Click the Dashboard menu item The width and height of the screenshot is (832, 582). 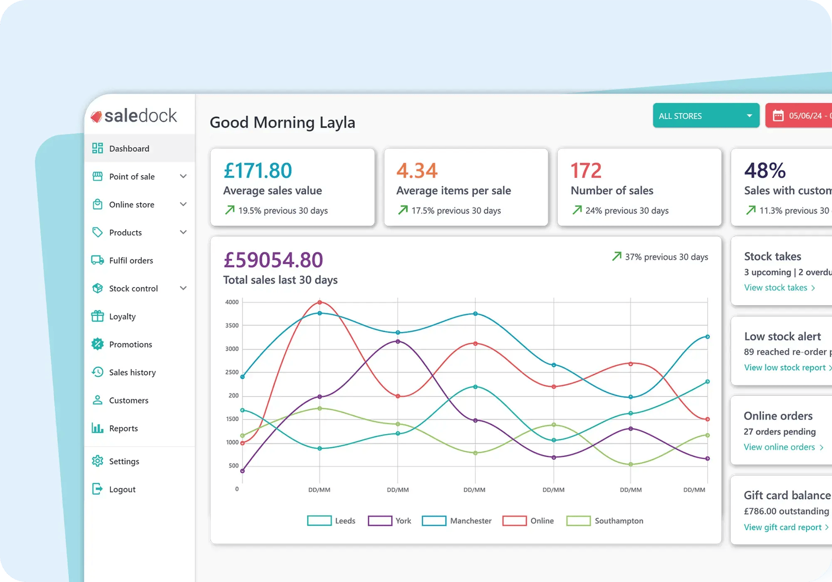[x=129, y=148]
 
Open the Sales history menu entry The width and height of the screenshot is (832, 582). [x=132, y=372]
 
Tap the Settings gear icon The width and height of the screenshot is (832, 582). [x=97, y=461]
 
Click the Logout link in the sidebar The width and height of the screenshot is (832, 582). [x=122, y=489]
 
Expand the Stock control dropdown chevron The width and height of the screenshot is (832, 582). [x=183, y=288]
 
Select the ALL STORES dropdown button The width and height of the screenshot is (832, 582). [x=706, y=116]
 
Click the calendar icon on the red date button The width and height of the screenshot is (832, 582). [x=778, y=116]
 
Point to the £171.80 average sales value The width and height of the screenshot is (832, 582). [x=258, y=170]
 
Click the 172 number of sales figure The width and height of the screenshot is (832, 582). [x=586, y=170]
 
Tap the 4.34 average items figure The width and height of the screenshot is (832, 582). [x=417, y=170]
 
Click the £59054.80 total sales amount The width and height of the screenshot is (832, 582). [x=273, y=260]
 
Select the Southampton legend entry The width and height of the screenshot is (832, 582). [x=605, y=521]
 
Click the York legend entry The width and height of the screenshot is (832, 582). [x=390, y=521]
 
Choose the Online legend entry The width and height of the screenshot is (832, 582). [x=528, y=521]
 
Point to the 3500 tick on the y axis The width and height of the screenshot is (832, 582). [x=232, y=326]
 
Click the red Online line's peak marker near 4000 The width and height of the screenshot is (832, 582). [x=319, y=302]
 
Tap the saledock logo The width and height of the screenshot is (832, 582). [x=134, y=116]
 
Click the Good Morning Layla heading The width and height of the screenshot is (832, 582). [x=282, y=123]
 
